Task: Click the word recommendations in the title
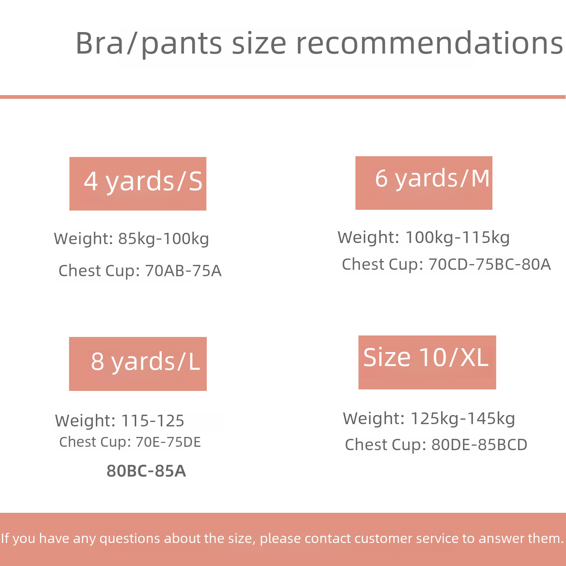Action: coord(429,43)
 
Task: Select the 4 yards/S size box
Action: coord(138,184)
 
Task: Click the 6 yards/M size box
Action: coord(424,183)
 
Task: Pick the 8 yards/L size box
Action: coord(138,364)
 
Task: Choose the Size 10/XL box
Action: coord(427,362)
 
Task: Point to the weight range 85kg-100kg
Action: coord(164,239)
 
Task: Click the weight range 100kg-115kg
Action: coord(457,238)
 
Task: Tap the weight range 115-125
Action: coord(152,421)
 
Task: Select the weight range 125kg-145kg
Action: coord(463,419)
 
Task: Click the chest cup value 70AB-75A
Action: coord(183,271)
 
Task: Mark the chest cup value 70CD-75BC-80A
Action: coord(489,265)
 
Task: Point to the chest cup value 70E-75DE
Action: coord(168,442)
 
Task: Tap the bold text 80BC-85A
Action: coord(146,471)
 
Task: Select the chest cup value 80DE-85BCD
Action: coord(479,445)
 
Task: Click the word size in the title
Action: coord(259,44)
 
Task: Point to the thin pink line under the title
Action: coord(283,97)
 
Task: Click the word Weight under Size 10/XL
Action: coord(374,419)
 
